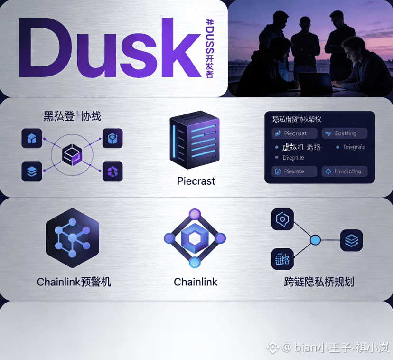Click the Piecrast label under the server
click(196, 181)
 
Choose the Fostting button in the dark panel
click(345, 133)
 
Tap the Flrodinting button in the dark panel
click(345, 171)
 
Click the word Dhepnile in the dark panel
click(293, 158)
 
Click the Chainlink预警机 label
click(74, 282)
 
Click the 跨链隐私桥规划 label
click(318, 282)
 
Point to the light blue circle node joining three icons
click(316, 240)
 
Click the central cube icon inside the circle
click(72, 155)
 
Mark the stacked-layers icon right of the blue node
click(352, 240)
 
